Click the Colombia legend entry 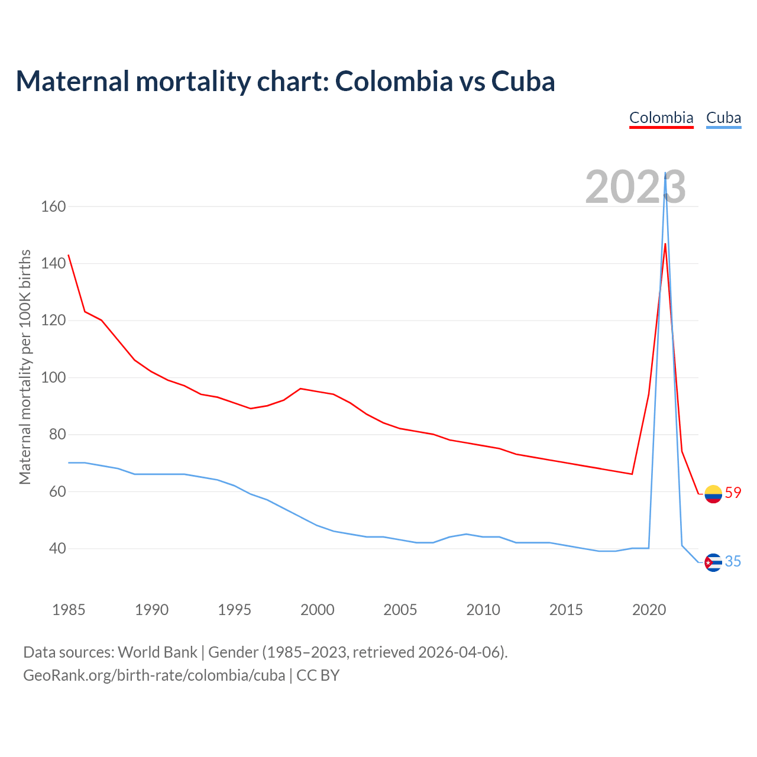click(661, 118)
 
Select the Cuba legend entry click(723, 118)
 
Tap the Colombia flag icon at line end click(713, 493)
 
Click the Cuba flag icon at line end click(713, 562)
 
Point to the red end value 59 click(733, 493)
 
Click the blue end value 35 click(733, 561)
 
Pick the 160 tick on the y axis click(53, 206)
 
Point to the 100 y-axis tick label click(53, 377)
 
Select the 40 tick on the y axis click(53, 548)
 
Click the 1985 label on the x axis click(69, 610)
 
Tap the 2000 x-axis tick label click(317, 610)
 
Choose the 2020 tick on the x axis click(649, 610)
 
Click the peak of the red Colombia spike click(665, 244)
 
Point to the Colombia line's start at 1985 click(69, 255)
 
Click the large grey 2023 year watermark click(635, 187)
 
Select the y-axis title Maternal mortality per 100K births click(25, 367)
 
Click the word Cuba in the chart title click(523, 81)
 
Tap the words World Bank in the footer click(157, 652)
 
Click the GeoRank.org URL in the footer click(154, 675)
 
